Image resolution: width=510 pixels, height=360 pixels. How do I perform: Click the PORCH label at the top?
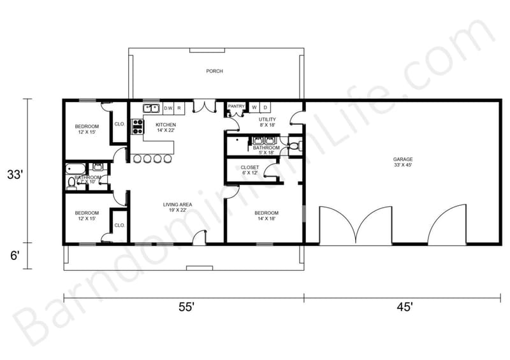pos(214,71)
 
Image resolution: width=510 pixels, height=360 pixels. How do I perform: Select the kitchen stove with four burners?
pos(136,126)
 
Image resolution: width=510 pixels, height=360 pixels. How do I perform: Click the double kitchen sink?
pos(151,108)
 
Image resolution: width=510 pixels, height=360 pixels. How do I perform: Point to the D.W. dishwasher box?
pos(168,108)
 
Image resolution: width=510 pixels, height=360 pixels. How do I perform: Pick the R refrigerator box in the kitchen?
pos(179,108)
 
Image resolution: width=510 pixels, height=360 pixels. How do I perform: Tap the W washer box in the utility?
pos(254,107)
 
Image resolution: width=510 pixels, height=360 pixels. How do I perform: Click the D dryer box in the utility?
pos(265,107)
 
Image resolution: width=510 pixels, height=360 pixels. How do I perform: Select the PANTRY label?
pos(236,106)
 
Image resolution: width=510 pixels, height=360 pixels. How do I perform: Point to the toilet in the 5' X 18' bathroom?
pos(294,147)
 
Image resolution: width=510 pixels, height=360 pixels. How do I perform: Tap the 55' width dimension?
pos(186,308)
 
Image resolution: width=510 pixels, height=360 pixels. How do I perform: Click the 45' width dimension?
pos(404,308)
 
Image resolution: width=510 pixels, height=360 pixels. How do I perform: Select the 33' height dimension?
pos(15,174)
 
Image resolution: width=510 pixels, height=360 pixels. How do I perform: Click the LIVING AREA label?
pos(174,207)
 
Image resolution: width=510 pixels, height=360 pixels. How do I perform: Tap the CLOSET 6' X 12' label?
pos(249,170)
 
